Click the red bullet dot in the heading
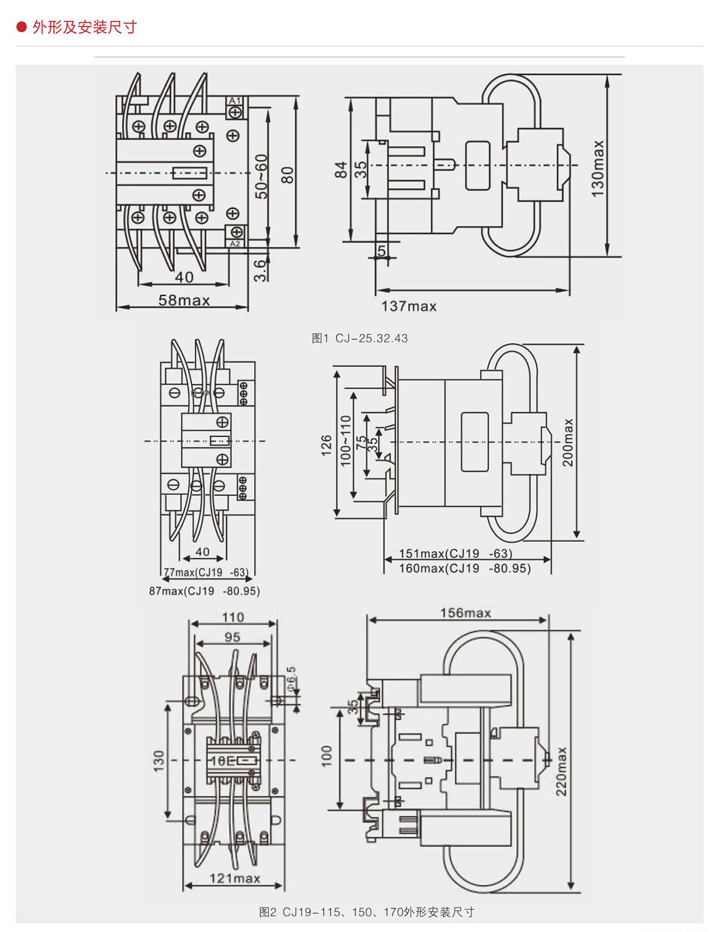22,26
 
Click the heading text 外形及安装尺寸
85,27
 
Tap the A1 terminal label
235,100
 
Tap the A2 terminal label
235,244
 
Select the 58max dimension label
184,300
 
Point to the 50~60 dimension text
261,177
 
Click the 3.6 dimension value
260,270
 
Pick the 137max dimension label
409,306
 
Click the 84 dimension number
341,169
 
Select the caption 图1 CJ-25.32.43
359,338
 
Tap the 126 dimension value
326,446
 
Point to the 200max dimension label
568,443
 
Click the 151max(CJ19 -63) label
455,554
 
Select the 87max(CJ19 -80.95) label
204,591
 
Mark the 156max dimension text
465,613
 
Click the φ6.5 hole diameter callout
291,678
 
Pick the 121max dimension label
234,879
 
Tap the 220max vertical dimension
561,772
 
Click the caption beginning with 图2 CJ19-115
367,912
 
